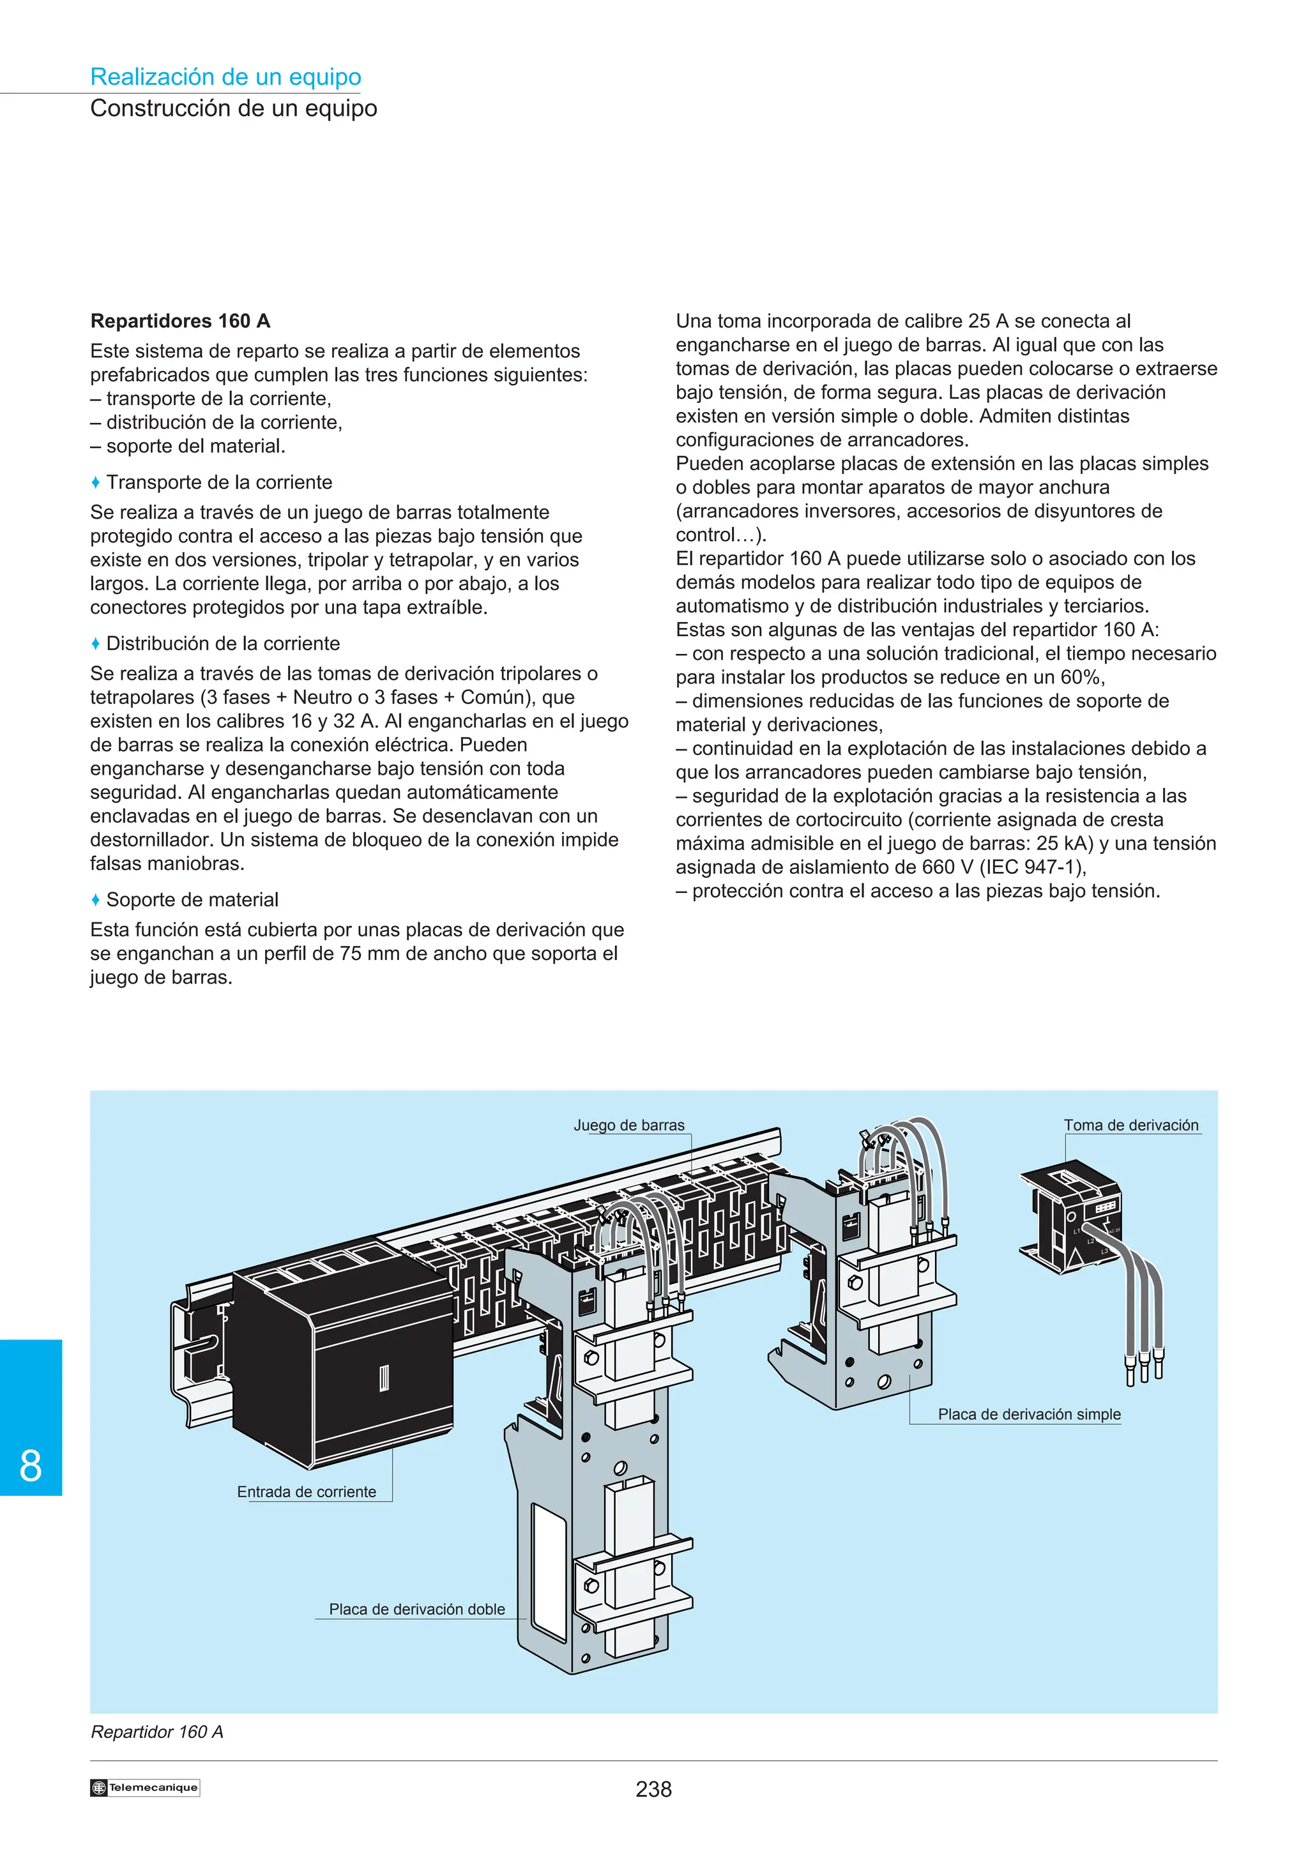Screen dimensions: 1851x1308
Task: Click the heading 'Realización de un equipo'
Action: [225, 77]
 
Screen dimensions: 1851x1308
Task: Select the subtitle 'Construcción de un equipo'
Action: [234, 108]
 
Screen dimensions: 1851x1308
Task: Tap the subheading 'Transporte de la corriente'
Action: [219, 482]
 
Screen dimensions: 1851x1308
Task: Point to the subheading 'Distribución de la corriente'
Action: [224, 643]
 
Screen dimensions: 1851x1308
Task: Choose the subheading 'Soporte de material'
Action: [193, 900]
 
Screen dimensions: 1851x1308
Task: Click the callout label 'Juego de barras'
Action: [628, 1125]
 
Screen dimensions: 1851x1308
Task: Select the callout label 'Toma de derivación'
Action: [1130, 1125]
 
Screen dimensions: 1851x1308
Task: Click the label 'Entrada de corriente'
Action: [307, 1491]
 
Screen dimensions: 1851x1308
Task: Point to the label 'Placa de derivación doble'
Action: [416, 1609]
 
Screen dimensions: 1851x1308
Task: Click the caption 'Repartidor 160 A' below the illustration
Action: [157, 1732]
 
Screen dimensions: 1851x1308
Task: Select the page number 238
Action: [653, 1790]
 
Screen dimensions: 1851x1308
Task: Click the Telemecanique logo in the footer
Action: [145, 1787]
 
